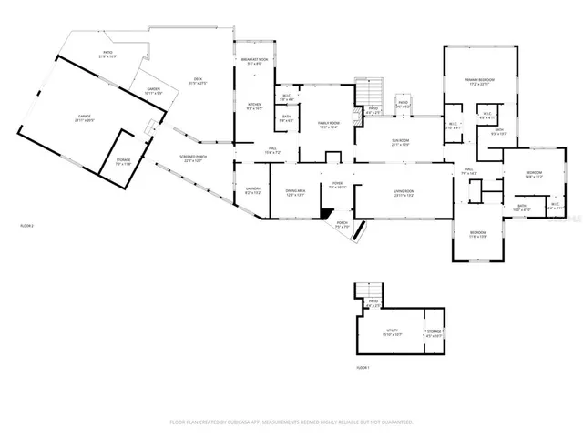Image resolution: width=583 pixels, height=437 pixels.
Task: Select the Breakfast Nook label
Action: tap(255, 62)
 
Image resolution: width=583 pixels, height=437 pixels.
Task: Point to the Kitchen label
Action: tap(255, 107)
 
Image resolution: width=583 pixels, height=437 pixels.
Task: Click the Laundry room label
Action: tap(253, 191)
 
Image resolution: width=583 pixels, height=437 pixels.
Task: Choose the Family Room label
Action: tap(328, 124)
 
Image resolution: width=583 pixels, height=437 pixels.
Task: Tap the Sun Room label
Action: tap(402, 143)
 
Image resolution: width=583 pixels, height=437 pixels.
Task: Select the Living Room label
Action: tap(404, 193)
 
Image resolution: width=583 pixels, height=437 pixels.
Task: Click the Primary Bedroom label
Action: tap(480, 82)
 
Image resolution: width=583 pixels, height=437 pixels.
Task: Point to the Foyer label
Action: tap(336, 184)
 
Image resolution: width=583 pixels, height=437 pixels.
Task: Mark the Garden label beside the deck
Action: tap(154, 91)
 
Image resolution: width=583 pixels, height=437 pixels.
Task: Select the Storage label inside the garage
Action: tap(123, 161)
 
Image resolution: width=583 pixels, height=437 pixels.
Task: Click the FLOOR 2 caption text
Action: tap(27, 225)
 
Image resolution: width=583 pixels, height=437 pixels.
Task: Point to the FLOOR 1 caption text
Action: tap(363, 367)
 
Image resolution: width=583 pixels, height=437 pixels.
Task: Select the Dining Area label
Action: tap(295, 193)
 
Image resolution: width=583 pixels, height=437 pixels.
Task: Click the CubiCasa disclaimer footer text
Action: tap(291, 422)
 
